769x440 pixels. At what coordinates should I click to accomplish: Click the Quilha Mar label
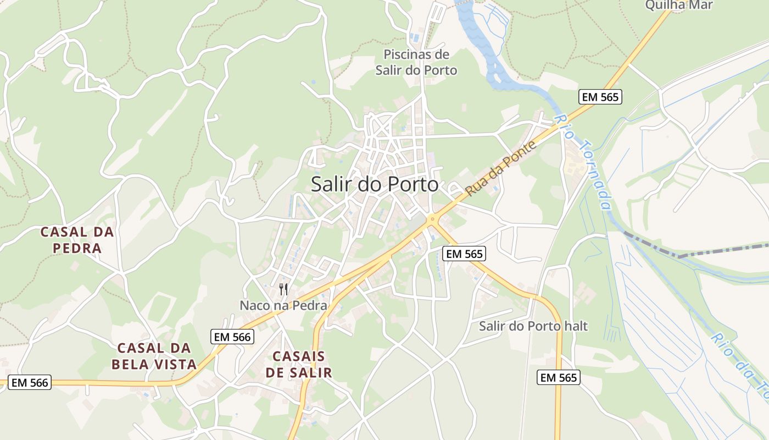pos(679,5)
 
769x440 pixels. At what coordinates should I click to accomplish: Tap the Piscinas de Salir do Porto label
pos(416,62)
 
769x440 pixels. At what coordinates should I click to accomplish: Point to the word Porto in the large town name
pos(413,184)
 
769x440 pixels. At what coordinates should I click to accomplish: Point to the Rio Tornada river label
pos(582,162)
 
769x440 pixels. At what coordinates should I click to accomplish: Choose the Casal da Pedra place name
pos(77,240)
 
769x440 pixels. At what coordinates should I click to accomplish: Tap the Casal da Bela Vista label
pos(154,356)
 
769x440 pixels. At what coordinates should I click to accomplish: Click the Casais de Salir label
pos(299,364)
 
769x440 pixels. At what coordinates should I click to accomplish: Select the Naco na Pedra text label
pos(283,305)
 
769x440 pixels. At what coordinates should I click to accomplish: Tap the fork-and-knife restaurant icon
pos(283,289)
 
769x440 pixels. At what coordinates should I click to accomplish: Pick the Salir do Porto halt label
pos(533,326)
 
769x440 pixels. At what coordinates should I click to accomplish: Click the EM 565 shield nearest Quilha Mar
pos(600,97)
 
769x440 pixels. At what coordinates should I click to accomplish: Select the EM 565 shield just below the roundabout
pos(464,254)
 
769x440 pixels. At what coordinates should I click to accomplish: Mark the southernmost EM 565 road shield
pos(558,377)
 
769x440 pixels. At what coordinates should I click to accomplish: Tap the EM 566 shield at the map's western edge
pos(30,382)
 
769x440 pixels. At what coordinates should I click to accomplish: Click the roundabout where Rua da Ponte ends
pos(433,219)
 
